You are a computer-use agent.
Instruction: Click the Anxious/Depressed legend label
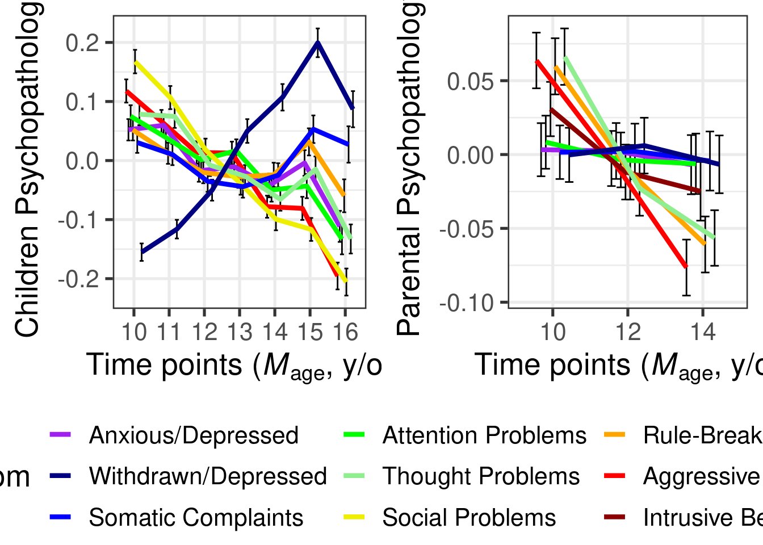click(x=194, y=435)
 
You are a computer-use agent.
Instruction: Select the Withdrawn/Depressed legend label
click(x=208, y=476)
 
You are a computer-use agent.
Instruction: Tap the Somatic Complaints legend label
click(x=196, y=518)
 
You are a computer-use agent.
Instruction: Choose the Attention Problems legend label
click(x=484, y=435)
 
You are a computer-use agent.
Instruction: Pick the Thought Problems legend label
click(x=481, y=476)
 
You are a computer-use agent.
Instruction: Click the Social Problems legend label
click(x=469, y=518)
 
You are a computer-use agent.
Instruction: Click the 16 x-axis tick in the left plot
click(x=345, y=332)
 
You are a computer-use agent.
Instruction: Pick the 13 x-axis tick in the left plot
click(x=240, y=332)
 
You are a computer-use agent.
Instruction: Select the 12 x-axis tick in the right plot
click(x=628, y=332)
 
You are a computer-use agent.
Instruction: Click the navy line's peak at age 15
click(x=318, y=42)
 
